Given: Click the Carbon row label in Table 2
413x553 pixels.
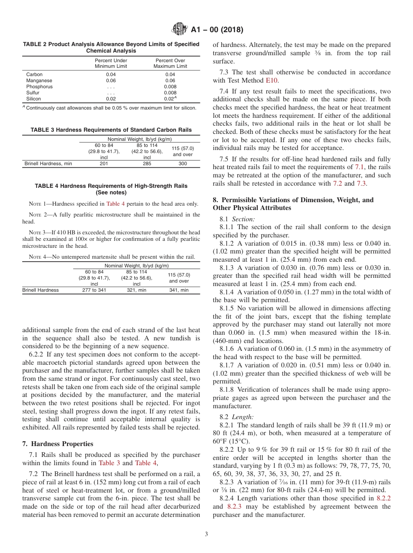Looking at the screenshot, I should click(x=34, y=74).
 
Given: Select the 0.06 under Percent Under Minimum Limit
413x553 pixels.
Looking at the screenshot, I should click(x=111, y=80).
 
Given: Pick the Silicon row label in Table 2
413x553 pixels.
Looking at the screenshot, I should click(x=33, y=99).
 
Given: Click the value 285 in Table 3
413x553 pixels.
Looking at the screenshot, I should click(x=147, y=164).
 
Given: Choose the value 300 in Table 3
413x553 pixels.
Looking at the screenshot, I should click(x=183, y=164).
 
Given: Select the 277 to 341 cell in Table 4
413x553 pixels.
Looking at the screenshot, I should click(x=94, y=290).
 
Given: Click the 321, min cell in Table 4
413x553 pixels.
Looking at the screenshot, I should click(x=137, y=290).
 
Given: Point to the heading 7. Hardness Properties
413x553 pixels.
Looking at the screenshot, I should click(x=57, y=444).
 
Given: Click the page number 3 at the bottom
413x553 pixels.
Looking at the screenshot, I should click(x=206, y=534).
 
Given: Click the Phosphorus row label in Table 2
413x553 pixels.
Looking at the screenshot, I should click(x=39, y=87).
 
